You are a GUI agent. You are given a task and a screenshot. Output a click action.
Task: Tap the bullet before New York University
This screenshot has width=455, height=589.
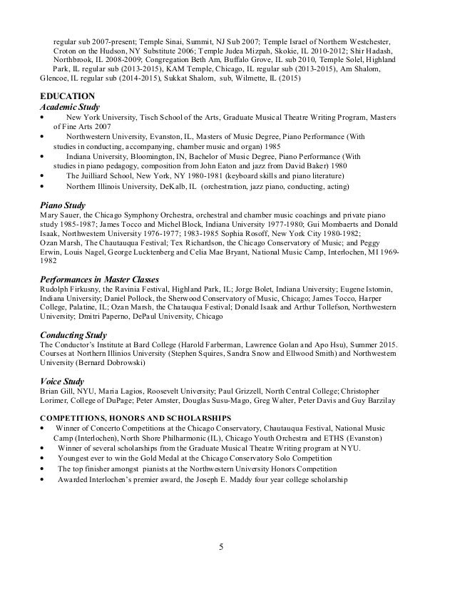44,116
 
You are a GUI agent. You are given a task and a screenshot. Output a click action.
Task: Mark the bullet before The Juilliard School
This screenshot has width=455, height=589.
44,175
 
